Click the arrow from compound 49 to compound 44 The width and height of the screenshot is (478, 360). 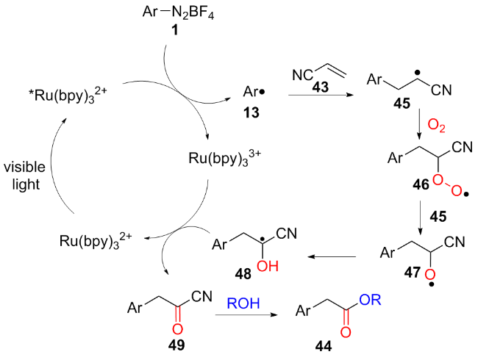[x=246, y=317]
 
